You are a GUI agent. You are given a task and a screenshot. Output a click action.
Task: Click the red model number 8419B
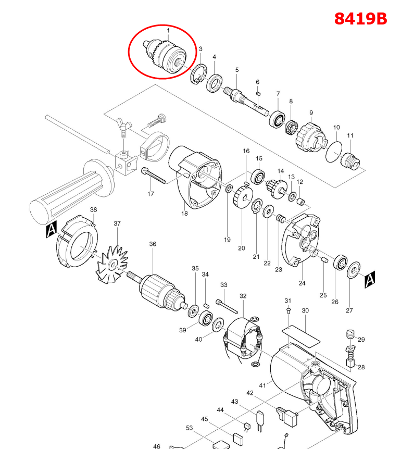click(360, 18)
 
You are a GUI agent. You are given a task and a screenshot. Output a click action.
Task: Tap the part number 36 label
click(153, 244)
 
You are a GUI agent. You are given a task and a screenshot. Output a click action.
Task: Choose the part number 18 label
click(184, 213)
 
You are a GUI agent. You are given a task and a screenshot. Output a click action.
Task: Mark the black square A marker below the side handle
click(51, 230)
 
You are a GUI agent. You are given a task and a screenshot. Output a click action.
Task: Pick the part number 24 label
click(302, 283)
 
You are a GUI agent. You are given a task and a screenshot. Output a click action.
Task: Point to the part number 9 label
click(311, 113)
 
